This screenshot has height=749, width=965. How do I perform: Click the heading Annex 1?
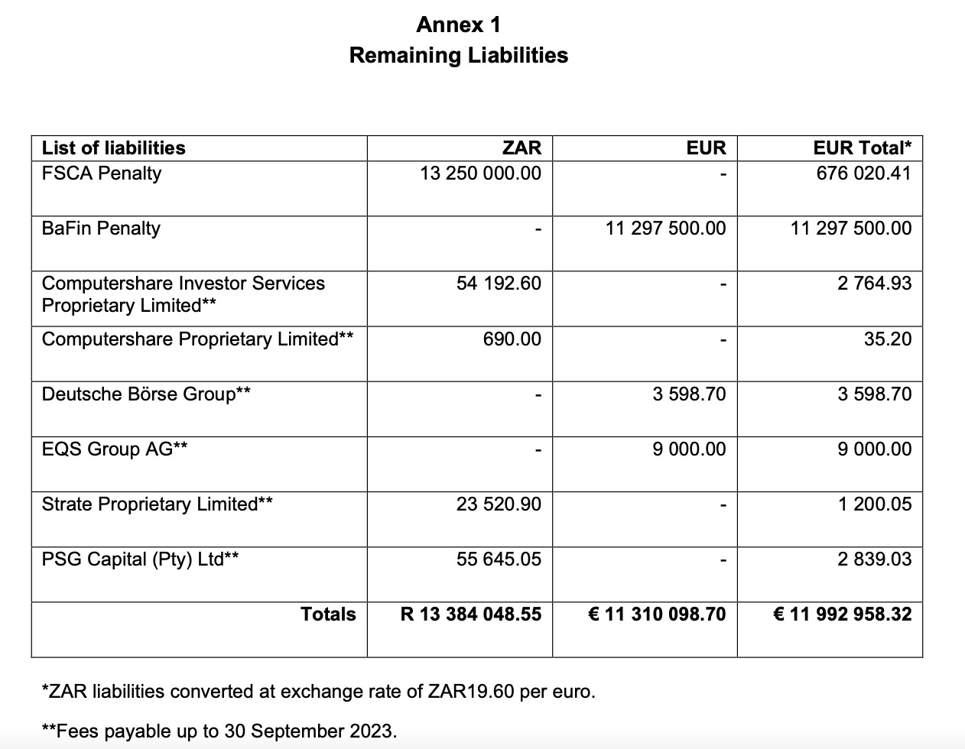[458, 24]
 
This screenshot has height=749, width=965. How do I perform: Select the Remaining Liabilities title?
[458, 55]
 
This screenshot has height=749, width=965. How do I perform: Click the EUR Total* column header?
[862, 148]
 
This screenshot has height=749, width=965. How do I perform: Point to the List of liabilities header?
[113, 148]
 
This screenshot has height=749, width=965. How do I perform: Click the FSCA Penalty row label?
[102, 173]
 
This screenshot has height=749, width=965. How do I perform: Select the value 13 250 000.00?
[480, 173]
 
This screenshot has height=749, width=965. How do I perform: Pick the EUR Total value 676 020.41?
[863, 173]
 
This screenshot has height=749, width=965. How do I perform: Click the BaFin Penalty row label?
[101, 228]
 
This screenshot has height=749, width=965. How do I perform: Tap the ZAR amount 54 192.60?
[499, 283]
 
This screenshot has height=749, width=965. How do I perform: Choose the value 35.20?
[888, 339]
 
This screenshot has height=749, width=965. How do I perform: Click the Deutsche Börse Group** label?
[146, 394]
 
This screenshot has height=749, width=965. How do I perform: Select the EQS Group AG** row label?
[115, 449]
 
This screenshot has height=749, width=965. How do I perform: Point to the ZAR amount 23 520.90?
[499, 504]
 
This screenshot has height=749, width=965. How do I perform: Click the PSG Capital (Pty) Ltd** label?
[140, 559]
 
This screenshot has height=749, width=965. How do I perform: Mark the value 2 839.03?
[874, 559]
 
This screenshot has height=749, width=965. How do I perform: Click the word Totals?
[328, 614]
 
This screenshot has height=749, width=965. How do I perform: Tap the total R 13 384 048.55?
[471, 614]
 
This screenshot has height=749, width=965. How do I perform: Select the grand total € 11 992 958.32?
[843, 614]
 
